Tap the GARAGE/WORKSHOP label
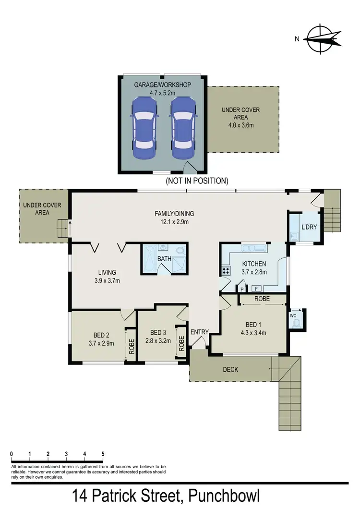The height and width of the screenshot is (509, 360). pyautogui.click(x=162, y=85)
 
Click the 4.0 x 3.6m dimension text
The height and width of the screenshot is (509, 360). pyautogui.click(x=240, y=125)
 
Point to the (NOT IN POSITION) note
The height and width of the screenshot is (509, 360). pyautogui.click(x=197, y=181)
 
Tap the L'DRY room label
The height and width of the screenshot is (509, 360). pyautogui.click(x=309, y=227)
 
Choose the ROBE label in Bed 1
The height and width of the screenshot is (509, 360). pyautogui.click(x=262, y=299)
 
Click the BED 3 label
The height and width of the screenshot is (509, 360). pyautogui.click(x=158, y=332)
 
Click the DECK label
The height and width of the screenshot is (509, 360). pyautogui.click(x=230, y=369)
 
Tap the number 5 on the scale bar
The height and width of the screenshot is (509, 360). pyautogui.click(x=103, y=454)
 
